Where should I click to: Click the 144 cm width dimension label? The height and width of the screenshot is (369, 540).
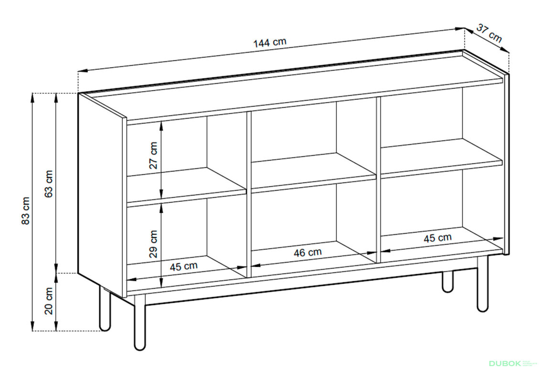pyautogui.click(x=270, y=42)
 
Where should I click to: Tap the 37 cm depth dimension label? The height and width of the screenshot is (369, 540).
pyautogui.click(x=489, y=33)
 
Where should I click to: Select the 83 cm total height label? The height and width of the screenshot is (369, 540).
pyautogui.click(x=26, y=211)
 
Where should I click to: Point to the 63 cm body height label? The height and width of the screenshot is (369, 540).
pyautogui.click(x=49, y=184)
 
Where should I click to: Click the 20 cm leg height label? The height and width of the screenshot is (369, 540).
pyautogui.click(x=49, y=301)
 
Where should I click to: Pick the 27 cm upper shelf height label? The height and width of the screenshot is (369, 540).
pyautogui.click(x=153, y=156)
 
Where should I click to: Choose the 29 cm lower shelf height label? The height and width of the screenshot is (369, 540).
pyautogui.click(x=153, y=244)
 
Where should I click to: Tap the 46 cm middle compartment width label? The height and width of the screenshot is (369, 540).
pyautogui.click(x=308, y=253)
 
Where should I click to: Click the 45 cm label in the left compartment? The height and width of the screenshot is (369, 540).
pyautogui.click(x=184, y=266)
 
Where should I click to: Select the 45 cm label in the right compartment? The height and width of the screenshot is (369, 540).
pyautogui.click(x=437, y=238)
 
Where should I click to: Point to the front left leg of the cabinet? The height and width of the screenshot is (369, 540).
pyautogui.click(x=140, y=322)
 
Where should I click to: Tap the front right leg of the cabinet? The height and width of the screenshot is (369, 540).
pyautogui.click(x=483, y=284)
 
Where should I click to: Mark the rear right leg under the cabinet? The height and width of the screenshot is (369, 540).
pyautogui.click(x=447, y=282)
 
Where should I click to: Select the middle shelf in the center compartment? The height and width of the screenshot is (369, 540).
pyautogui.click(x=314, y=172)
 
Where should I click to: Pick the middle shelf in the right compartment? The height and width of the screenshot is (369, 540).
pyautogui.click(x=442, y=158)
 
